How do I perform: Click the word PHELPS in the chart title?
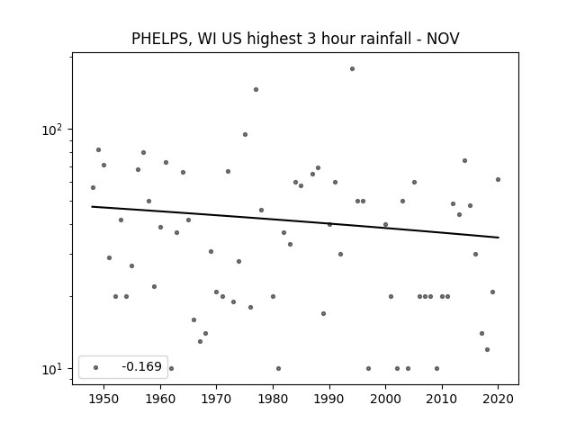159,39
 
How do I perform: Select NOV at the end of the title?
443,38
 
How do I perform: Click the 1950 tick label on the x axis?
104,399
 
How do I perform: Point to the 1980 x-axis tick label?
273,399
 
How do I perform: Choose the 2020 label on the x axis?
498,399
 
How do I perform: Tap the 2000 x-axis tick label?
385,399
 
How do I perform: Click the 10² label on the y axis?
52,130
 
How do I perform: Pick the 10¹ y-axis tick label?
52,369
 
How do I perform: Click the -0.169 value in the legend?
142,366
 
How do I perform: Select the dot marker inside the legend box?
96,367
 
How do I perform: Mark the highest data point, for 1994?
352,68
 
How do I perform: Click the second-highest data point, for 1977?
256,89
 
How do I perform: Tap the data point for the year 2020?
498,179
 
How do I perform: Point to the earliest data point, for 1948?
93,187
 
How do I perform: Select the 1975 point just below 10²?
245,134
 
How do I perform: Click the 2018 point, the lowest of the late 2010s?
487,349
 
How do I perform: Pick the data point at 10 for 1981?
278,368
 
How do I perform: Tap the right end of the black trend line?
499,238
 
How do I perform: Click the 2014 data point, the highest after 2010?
464,160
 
